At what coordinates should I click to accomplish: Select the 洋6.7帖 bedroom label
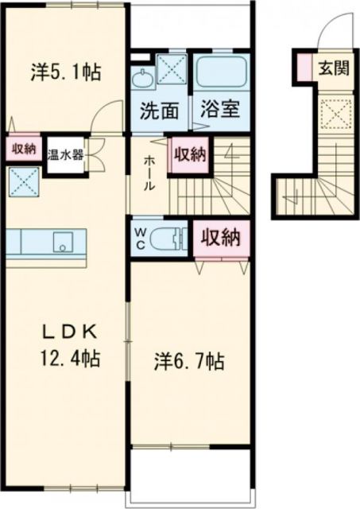tap(188, 362)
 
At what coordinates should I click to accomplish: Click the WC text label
tap(141, 237)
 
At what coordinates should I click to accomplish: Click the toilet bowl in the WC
tap(167, 237)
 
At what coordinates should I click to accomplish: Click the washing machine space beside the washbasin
tap(169, 68)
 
